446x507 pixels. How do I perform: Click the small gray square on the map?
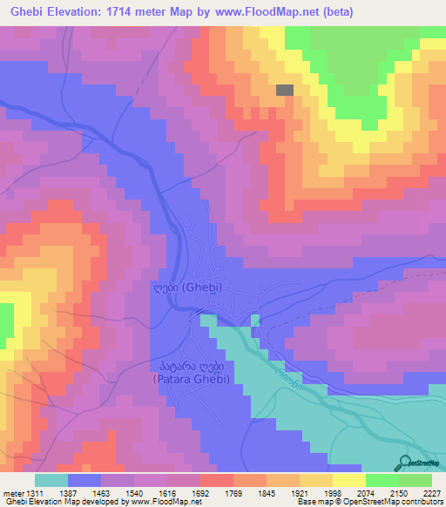285,90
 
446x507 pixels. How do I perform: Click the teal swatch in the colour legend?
51,480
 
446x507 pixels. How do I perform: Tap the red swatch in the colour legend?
217,480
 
